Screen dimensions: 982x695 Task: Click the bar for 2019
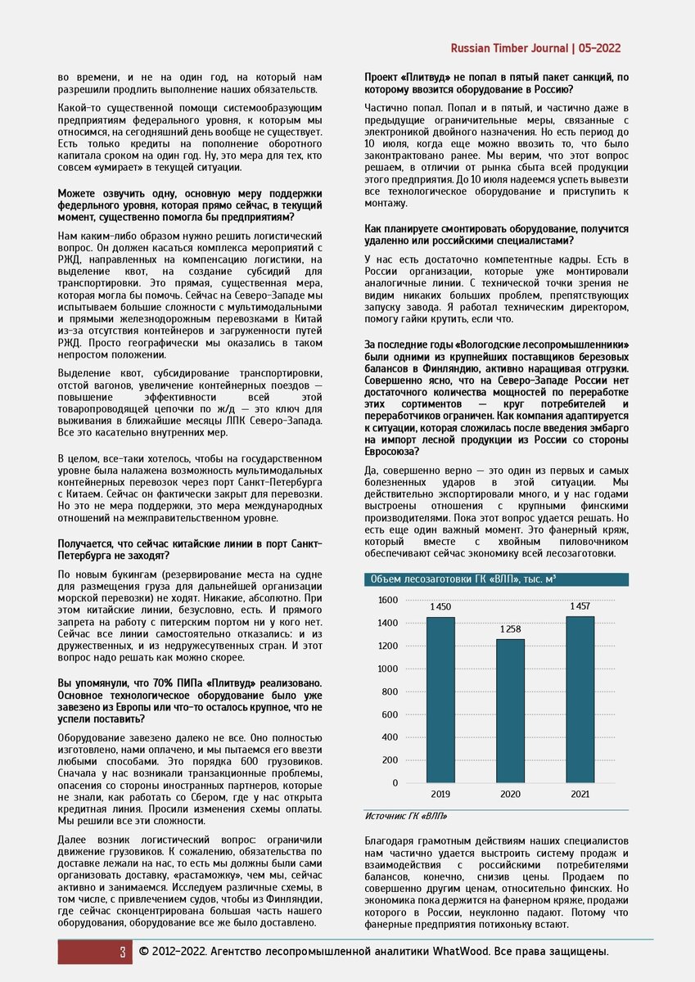coord(440,700)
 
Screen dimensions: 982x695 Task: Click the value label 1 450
coord(440,607)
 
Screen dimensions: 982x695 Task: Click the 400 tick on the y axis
coord(389,737)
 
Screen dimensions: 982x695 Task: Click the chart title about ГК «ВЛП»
coord(463,579)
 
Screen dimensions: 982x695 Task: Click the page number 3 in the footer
coord(122,952)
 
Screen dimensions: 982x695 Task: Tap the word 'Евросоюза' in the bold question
coord(391,451)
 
